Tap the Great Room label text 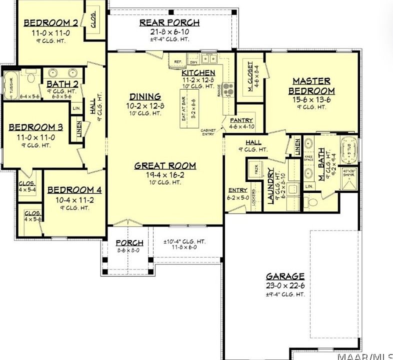(165, 166)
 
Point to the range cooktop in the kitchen (228, 89)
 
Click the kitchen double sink (209, 58)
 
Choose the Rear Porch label (169, 22)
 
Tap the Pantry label (241, 120)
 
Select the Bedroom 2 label (50, 22)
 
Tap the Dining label (145, 96)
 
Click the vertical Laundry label (271, 186)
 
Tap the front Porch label (129, 243)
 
